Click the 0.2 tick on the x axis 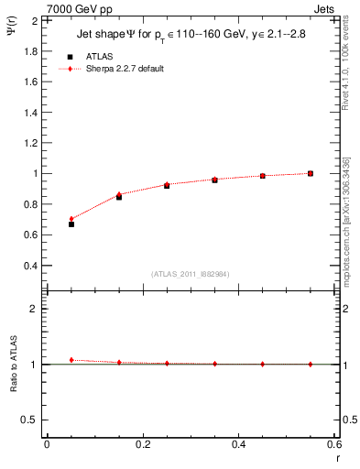click(143, 444)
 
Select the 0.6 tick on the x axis click(334, 444)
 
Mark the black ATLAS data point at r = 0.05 click(71, 224)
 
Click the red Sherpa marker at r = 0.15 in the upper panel click(119, 194)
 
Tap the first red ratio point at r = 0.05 click(71, 360)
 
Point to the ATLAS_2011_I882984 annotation click(191, 274)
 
